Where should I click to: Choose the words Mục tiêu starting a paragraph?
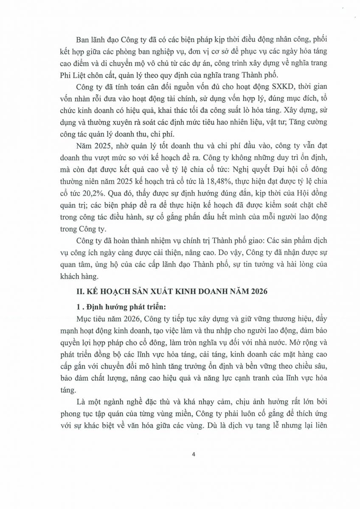click(89, 316)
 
